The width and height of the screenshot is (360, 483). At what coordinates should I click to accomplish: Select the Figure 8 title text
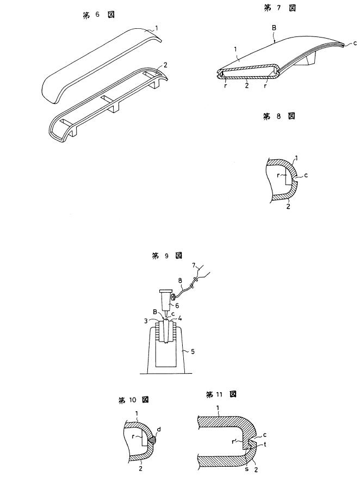(x=278, y=116)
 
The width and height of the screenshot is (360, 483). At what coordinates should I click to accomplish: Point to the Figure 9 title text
(x=167, y=256)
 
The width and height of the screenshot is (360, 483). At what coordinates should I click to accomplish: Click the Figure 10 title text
(x=134, y=400)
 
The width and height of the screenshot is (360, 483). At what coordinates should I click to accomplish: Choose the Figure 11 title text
(x=221, y=395)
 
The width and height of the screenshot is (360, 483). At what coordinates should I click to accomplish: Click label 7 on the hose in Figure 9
(x=195, y=265)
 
